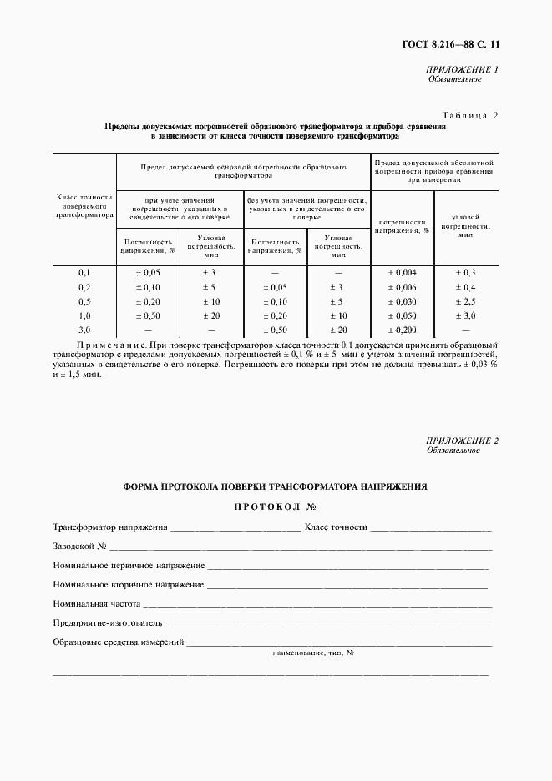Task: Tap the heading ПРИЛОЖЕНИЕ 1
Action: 463,69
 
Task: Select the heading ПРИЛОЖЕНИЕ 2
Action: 462,441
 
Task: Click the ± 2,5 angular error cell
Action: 465,301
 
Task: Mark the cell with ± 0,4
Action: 465,287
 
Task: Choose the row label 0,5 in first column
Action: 84,301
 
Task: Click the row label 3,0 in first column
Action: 84,330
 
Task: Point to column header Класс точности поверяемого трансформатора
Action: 84,206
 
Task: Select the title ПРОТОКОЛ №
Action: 276,506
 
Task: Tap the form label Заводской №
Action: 80,547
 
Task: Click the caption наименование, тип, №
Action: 313,653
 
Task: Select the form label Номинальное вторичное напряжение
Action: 129,585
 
